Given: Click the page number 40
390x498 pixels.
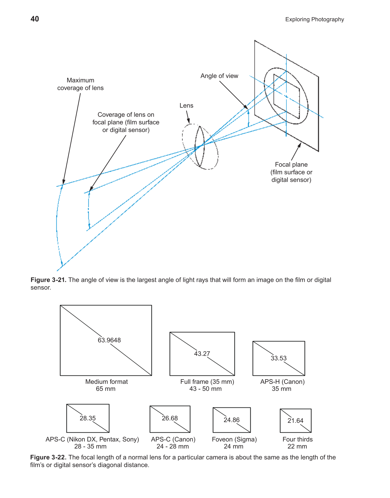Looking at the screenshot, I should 35,19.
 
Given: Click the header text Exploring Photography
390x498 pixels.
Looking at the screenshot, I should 314,20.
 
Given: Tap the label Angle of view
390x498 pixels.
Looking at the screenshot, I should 219,76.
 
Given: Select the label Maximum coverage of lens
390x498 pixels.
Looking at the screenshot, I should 80,84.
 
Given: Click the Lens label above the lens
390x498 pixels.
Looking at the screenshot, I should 186,106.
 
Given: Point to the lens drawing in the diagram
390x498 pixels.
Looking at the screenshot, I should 200,146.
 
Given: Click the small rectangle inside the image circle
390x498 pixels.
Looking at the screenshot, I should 286,97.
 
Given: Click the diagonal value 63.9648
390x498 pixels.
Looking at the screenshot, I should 109,340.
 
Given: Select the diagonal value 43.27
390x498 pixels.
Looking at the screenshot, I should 202,354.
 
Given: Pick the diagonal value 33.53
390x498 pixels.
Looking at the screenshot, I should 278,358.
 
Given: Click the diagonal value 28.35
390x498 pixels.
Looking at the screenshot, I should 88,418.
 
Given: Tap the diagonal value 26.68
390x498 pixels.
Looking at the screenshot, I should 170,418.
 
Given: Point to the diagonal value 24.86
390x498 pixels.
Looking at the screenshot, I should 231,420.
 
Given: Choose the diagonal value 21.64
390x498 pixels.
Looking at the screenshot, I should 295,421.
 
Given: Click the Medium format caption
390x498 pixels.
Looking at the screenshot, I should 106,382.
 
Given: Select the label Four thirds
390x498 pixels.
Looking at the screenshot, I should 297,439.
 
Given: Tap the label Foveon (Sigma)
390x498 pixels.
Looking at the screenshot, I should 234,439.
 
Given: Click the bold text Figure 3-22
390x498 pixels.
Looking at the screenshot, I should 48,457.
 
